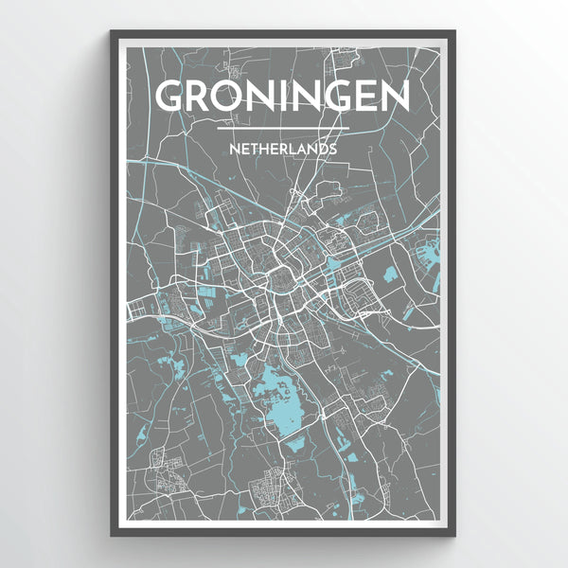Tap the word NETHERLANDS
tap(283, 149)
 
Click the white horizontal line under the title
tap(283, 128)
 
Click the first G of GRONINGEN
tap(170, 97)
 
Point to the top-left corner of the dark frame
tap(112, 31)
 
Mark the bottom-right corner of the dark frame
tap(454, 536)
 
